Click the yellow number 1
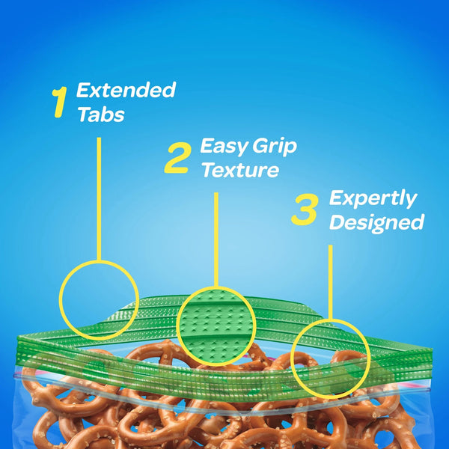60,103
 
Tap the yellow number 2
178,158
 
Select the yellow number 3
305,209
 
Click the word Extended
126,90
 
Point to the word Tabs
101,114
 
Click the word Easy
224,147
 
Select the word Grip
275,147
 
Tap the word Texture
240,170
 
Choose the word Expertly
373,199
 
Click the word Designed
377,222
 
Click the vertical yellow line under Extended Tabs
99,199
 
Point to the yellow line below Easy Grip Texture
216,239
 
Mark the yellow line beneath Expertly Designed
330,282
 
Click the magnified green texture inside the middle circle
216,326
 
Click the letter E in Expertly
336,198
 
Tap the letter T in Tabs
85,114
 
